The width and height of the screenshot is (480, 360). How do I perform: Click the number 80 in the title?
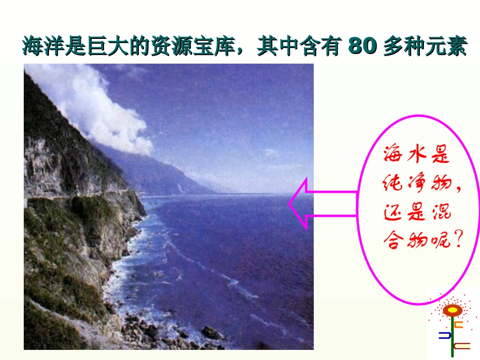[363, 46]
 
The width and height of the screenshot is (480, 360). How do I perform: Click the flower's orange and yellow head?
[453, 310]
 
